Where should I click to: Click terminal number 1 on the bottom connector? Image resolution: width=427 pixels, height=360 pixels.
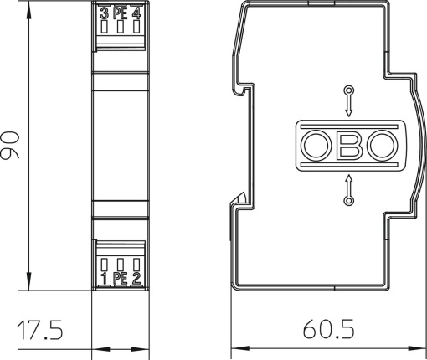104,278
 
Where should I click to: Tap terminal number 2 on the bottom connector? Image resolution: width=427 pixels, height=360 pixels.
136,278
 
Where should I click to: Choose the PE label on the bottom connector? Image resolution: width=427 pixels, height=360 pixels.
120,278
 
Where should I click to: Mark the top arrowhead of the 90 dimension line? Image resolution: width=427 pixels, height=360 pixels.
30,8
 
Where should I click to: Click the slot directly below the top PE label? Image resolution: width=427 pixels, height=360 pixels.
120,28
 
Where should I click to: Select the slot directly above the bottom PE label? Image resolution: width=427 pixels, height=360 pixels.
120,262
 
